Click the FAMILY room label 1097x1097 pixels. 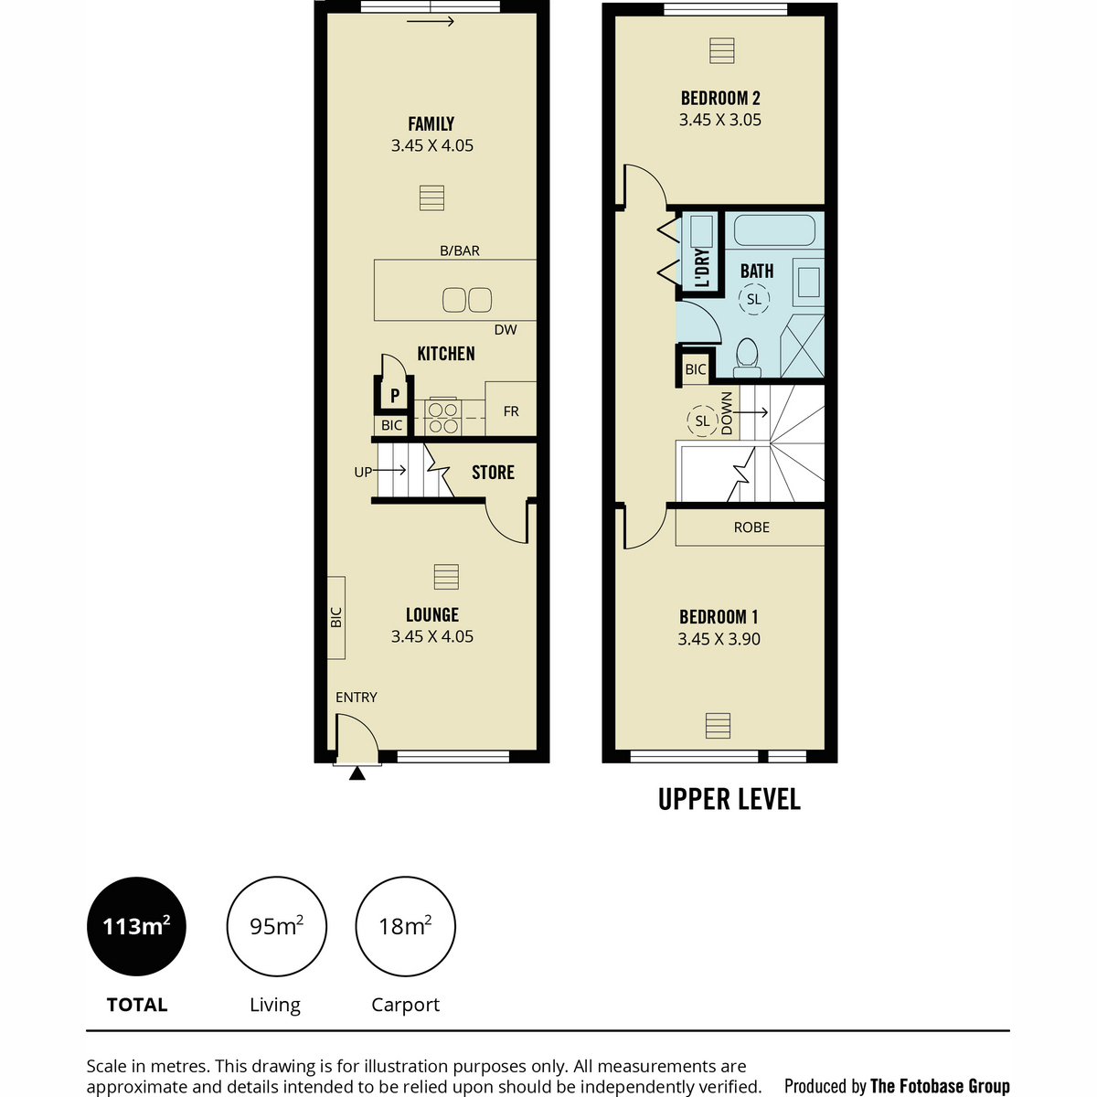point(431,124)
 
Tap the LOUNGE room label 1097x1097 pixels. point(432,615)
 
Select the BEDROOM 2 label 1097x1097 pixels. point(720,99)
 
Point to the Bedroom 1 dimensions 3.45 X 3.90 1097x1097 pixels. point(719,639)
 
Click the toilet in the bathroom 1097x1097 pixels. point(747,358)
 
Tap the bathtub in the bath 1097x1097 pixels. point(774,229)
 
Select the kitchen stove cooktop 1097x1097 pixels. point(442,417)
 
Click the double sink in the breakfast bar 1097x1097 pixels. point(467,300)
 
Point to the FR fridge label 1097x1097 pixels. point(511,411)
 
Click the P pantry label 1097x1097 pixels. point(395,395)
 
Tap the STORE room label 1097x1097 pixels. point(493,473)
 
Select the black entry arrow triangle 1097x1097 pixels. point(357,773)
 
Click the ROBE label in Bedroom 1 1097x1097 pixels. point(751,527)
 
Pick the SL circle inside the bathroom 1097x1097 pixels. point(753,299)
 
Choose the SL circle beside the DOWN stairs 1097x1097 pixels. point(702,421)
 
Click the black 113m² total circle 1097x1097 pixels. point(136,926)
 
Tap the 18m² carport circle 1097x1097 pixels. point(405,926)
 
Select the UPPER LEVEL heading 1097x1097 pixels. point(730,799)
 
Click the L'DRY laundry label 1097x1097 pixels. point(702,268)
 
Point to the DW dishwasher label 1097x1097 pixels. point(506,330)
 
